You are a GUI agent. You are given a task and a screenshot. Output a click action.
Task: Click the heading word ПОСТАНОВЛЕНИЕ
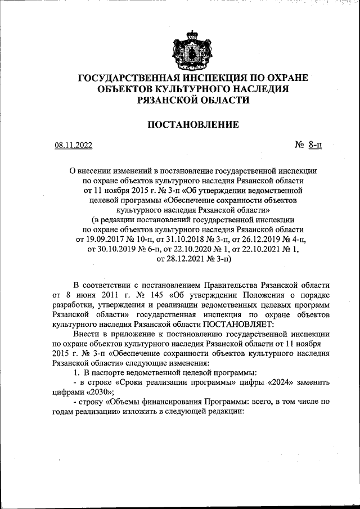193,124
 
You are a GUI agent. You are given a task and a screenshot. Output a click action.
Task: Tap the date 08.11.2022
74,145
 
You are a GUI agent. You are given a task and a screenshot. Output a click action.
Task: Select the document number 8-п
315,145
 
